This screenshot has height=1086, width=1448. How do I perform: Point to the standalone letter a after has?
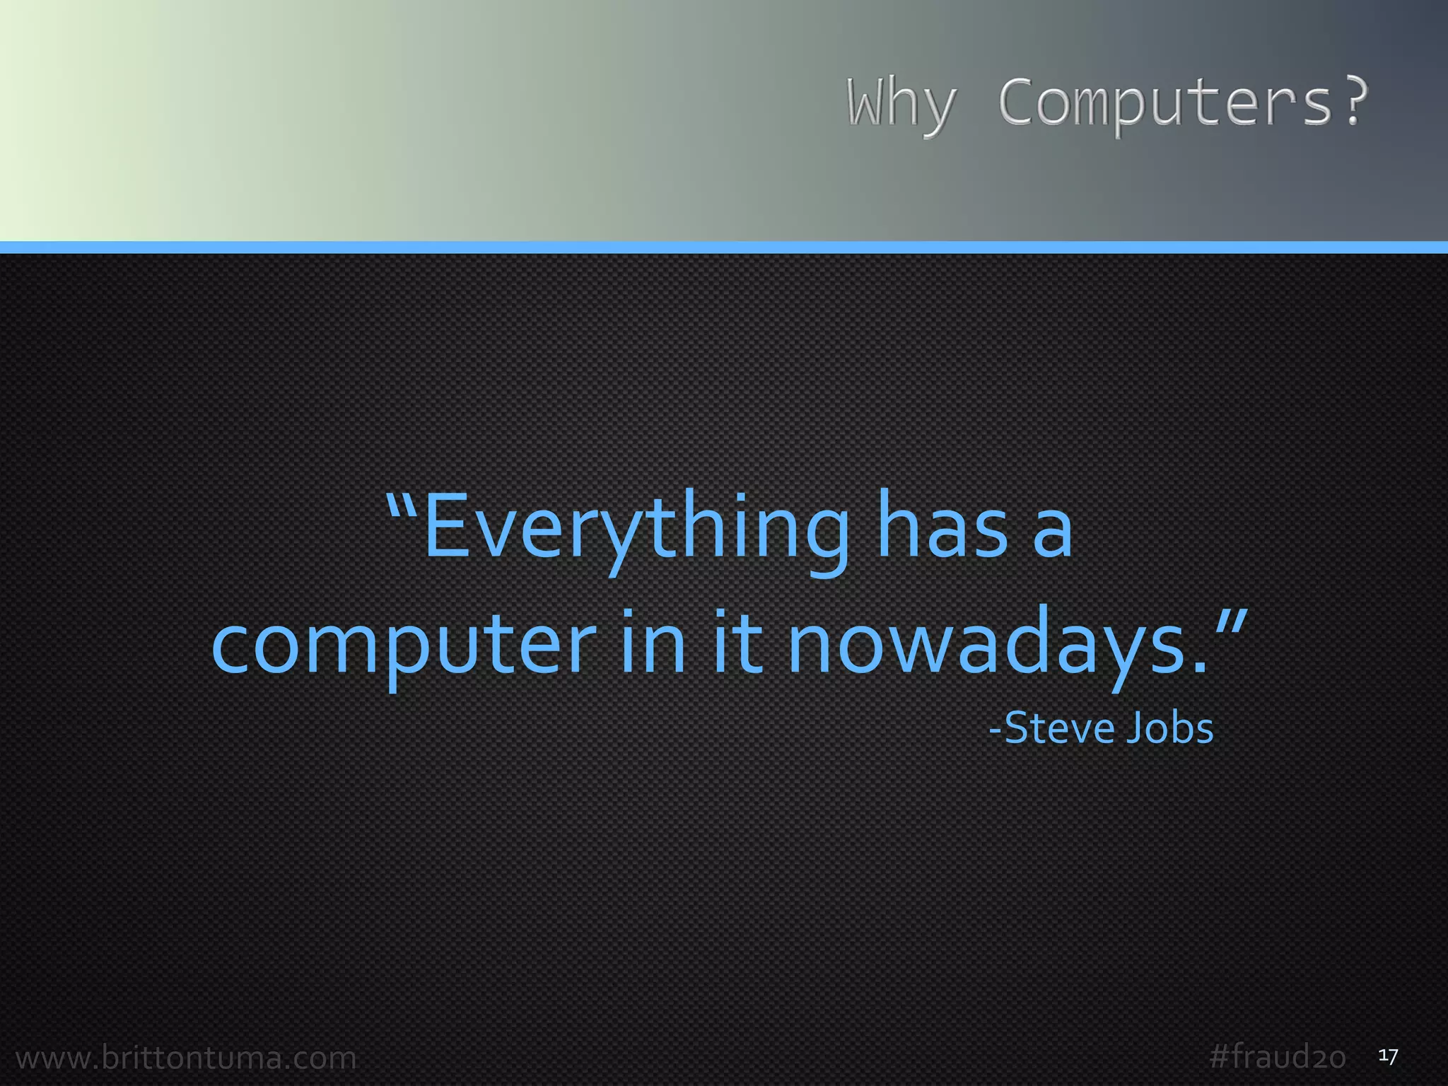click(x=1052, y=534)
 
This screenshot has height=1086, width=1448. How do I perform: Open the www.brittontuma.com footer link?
click(x=186, y=1058)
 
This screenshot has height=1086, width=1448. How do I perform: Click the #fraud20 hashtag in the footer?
click(x=1277, y=1056)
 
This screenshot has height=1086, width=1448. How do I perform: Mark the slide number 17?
click(x=1388, y=1056)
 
